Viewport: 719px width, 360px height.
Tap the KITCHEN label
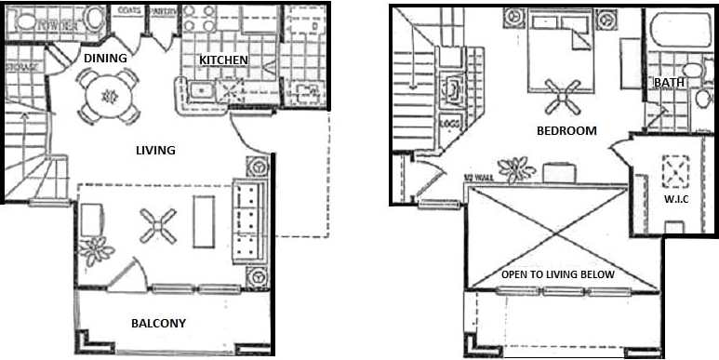223,60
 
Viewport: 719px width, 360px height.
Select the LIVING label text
155,150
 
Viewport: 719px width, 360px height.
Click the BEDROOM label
566,131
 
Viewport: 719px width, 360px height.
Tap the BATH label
669,83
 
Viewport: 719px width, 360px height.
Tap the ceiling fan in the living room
157,224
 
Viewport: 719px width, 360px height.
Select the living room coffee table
204,221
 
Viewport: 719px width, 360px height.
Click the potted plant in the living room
94,249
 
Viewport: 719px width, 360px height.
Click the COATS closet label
129,10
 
